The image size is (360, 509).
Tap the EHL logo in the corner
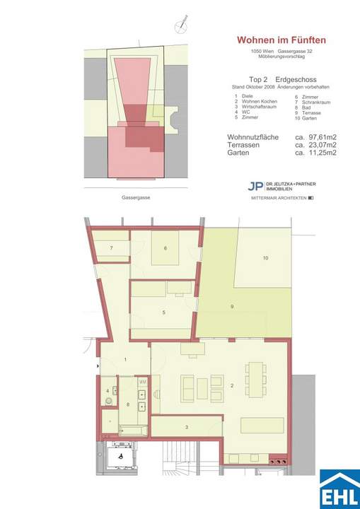pos(339,488)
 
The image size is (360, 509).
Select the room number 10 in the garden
pos(265,259)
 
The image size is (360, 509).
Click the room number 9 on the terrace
pos(231,305)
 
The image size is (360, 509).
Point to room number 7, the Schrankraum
pos(112,247)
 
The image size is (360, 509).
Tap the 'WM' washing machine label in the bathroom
pos(142,382)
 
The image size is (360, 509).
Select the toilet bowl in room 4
pos(108,401)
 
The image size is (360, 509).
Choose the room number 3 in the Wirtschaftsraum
pos(186,427)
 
